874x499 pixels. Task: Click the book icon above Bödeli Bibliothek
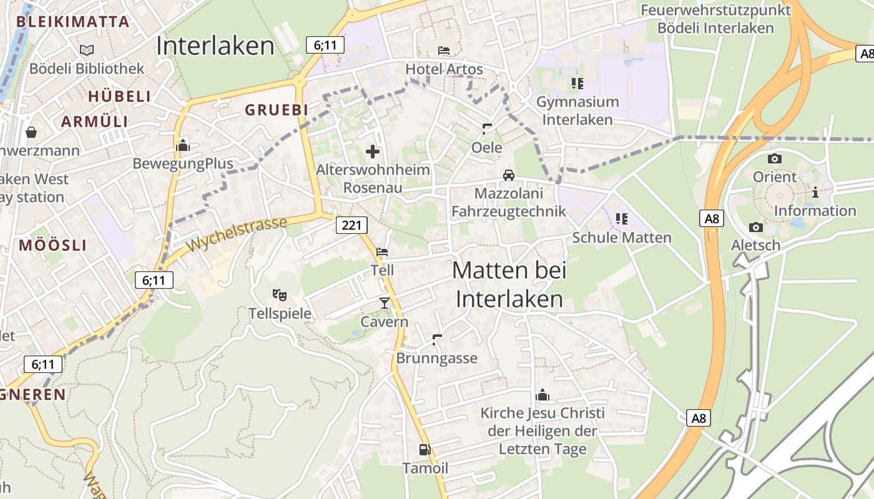pyautogui.click(x=87, y=49)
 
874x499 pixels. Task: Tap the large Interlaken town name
pyautogui.click(x=215, y=46)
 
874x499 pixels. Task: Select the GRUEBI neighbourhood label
pyautogui.click(x=277, y=110)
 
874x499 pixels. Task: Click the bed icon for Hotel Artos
pyautogui.click(x=444, y=50)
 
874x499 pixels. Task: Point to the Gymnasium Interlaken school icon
pyautogui.click(x=577, y=83)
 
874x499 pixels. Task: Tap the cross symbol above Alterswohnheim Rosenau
pyautogui.click(x=373, y=151)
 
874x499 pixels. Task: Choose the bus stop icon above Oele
pyautogui.click(x=487, y=129)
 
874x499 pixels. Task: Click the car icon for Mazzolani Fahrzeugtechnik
pyautogui.click(x=509, y=175)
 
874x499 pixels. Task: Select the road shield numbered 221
pyautogui.click(x=351, y=225)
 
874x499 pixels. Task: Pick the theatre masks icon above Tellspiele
pyautogui.click(x=279, y=294)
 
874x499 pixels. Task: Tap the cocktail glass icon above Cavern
pyautogui.click(x=384, y=303)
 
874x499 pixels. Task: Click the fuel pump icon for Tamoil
pyautogui.click(x=425, y=449)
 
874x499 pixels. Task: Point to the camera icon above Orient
pyautogui.click(x=775, y=158)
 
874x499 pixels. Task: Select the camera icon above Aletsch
pyautogui.click(x=756, y=227)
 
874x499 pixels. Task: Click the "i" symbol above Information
pyautogui.click(x=815, y=193)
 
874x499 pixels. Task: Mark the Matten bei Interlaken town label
pyautogui.click(x=509, y=284)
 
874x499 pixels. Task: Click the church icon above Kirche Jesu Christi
pyautogui.click(x=542, y=395)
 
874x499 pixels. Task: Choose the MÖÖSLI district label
pyautogui.click(x=52, y=245)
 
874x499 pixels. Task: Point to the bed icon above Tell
pyautogui.click(x=382, y=252)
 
